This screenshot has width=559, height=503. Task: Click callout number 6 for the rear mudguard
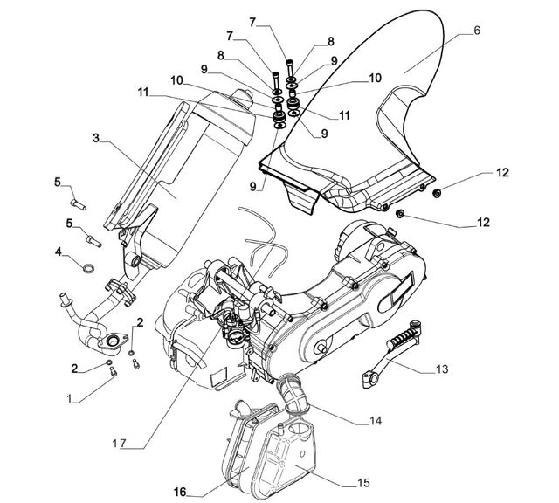point(477,31)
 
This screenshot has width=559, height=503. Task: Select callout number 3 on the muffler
point(96,138)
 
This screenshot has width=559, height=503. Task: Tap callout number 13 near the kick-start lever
point(442,369)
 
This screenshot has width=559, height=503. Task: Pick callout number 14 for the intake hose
point(376,421)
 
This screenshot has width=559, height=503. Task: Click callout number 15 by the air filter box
point(363,483)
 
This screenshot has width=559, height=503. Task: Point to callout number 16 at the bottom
point(180,492)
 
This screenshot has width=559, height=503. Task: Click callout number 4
point(59,252)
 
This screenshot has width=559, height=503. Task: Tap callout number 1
point(69,398)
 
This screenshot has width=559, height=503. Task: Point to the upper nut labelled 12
point(437,194)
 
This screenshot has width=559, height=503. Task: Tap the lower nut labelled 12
point(400,214)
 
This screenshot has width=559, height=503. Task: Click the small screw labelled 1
point(114,371)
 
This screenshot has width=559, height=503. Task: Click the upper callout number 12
point(503,173)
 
